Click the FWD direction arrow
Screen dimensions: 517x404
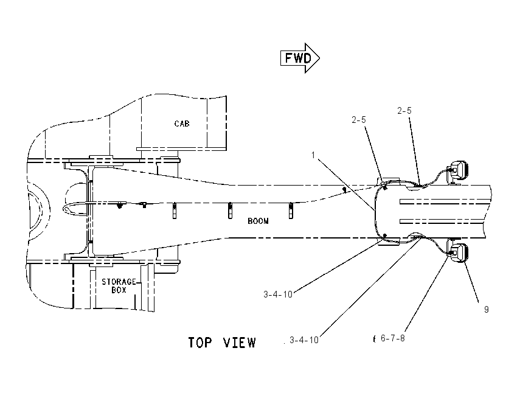(300, 58)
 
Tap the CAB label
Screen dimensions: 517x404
(182, 124)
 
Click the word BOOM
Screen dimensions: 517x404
(258, 221)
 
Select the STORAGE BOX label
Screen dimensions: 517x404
(119, 285)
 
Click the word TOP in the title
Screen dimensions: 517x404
(200, 343)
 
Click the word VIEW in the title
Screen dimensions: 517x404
(240, 343)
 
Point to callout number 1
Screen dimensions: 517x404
(313, 155)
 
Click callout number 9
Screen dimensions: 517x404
(487, 309)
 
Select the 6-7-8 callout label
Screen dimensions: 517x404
(392, 338)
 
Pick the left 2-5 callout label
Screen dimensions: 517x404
(359, 120)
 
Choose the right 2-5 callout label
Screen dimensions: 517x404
(404, 111)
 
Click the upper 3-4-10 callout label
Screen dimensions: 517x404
(278, 294)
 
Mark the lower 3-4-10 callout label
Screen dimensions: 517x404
(304, 340)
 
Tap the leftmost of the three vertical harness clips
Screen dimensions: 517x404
(175, 211)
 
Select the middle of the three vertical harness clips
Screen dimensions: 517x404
(230, 211)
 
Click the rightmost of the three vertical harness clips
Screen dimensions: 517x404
(291, 210)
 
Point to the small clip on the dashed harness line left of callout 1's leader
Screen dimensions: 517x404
(344, 190)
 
